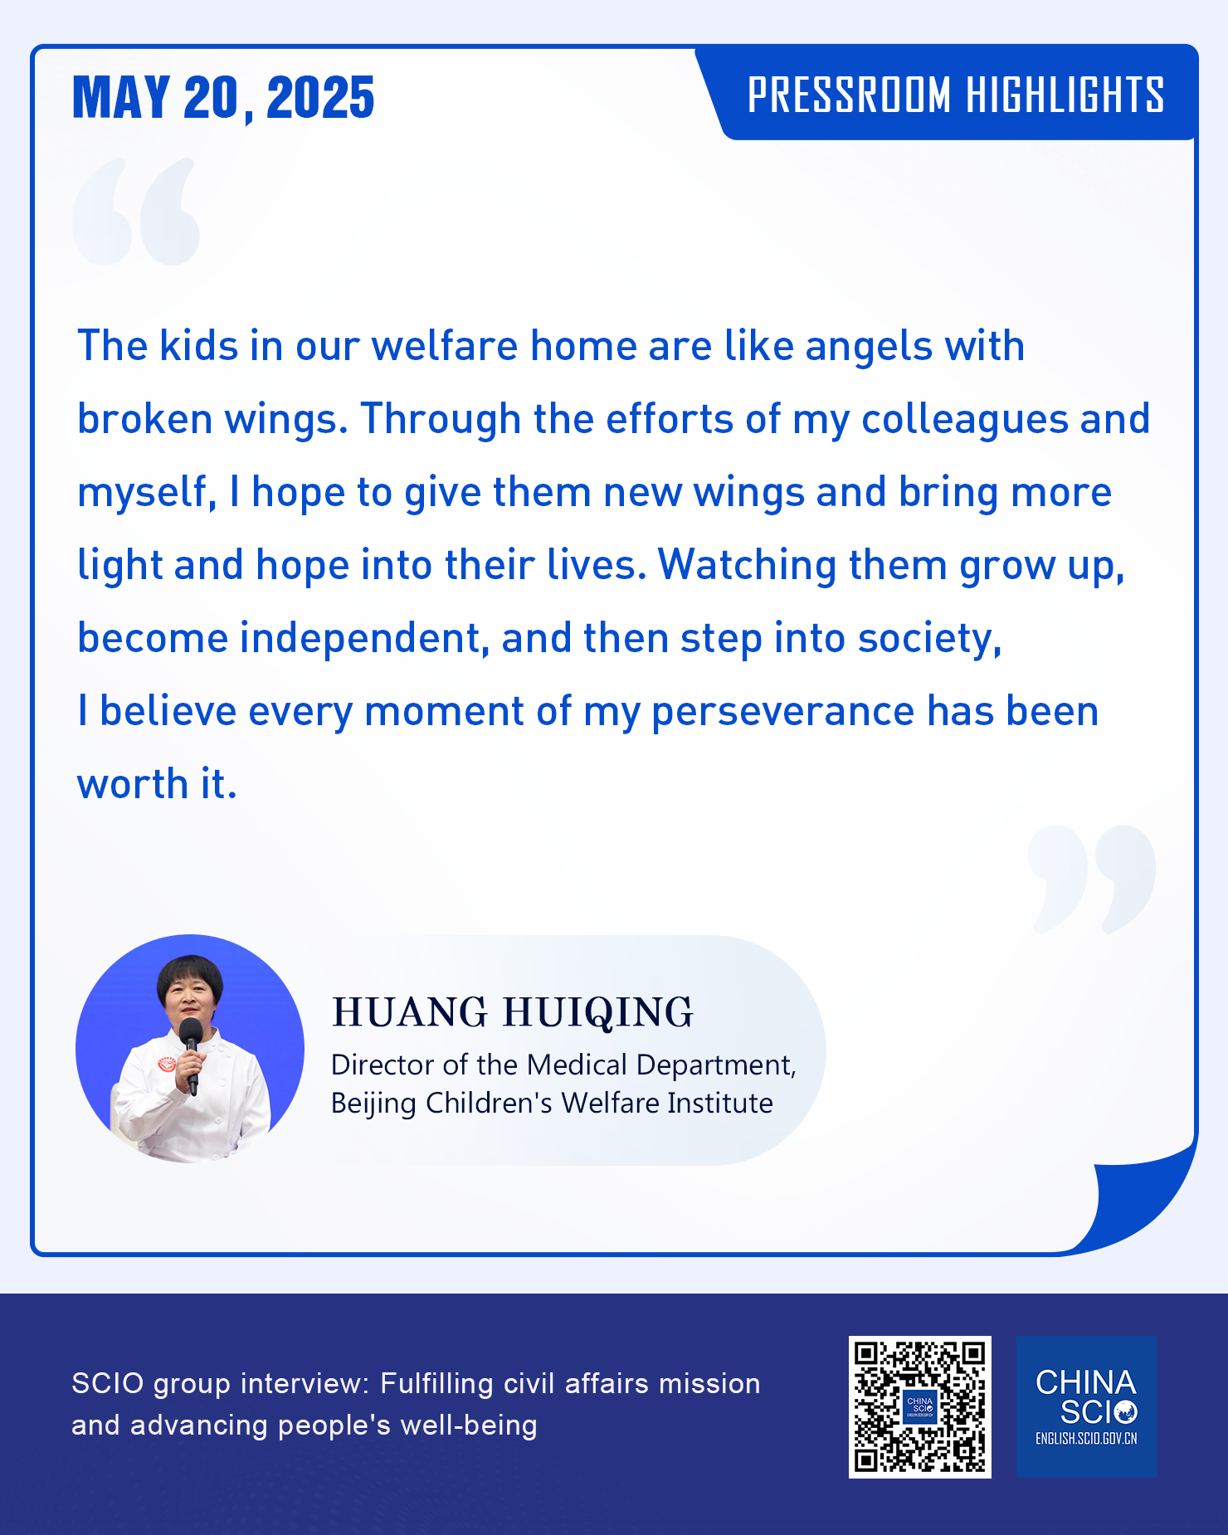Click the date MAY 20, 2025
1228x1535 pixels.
click(x=223, y=98)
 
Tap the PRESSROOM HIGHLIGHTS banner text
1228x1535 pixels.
click(x=956, y=95)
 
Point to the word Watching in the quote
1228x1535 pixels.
click(x=747, y=566)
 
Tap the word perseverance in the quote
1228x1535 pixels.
click(x=782, y=713)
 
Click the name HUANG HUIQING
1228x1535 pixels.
click(x=512, y=1012)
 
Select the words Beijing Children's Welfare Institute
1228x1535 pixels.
click(x=552, y=1104)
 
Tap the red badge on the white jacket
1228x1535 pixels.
click(x=168, y=1063)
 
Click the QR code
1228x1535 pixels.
click(x=919, y=1406)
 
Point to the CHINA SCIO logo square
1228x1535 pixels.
click(x=1086, y=1406)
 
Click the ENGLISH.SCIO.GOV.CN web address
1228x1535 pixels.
click(x=1086, y=1439)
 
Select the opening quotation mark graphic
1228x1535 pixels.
click(x=136, y=212)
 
